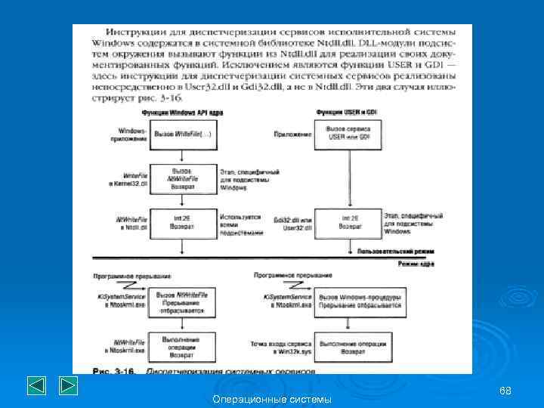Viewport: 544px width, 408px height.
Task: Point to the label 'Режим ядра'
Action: pyautogui.click(x=416, y=264)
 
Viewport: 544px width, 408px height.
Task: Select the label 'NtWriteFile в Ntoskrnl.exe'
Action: pyautogui.click(x=128, y=348)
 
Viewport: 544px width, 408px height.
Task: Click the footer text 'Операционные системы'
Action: pyautogui.click(x=272, y=398)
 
